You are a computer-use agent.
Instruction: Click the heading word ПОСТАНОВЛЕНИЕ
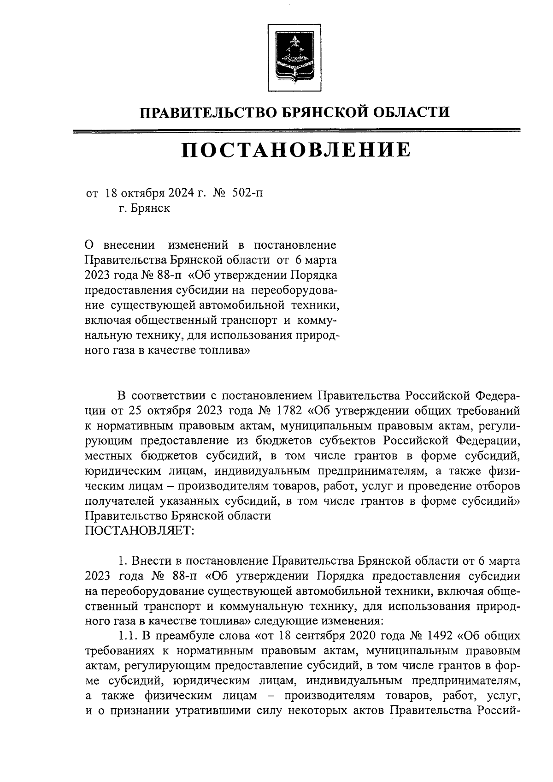click(295, 149)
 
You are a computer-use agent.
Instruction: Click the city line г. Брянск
click(144, 208)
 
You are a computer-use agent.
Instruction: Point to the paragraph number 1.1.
click(128, 636)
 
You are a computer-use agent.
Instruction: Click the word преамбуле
click(188, 636)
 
